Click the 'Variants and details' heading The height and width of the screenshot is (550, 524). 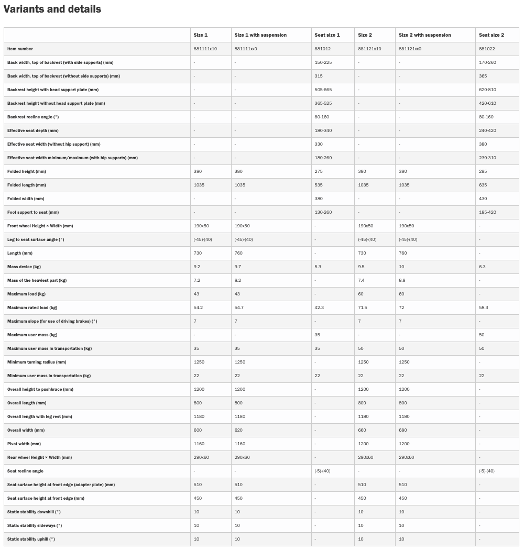[52, 9]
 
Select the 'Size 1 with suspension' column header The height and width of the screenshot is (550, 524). [260, 35]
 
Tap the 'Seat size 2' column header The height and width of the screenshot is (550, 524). [491, 35]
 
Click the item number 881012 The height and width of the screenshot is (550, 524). [322, 49]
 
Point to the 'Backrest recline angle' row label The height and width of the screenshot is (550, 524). [40, 117]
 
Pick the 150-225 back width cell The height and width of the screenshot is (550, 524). [323, 62]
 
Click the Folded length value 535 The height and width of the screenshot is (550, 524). [319, 185]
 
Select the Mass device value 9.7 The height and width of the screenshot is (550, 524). [238, 267]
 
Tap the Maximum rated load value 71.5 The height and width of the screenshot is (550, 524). [363, 307]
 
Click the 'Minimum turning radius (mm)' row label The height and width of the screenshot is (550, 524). [37, 362]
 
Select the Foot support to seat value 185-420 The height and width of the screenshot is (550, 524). [487, 212]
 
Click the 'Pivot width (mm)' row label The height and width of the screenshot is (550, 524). [24, 444]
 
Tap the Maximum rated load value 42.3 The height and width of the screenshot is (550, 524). [319, 307]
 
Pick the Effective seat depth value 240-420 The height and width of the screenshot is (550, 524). [487, 130]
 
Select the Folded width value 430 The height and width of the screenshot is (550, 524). [483, 199]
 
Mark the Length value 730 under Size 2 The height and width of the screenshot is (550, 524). [362, 253]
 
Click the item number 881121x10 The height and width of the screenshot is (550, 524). [369, 49]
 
